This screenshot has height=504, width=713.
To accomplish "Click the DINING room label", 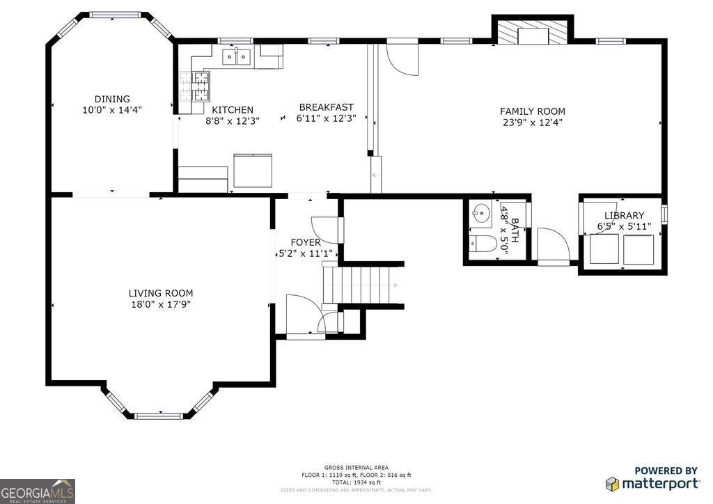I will point(112,99).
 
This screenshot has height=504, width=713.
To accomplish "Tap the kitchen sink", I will point(237,56).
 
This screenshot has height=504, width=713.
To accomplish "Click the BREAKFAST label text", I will point(327,107).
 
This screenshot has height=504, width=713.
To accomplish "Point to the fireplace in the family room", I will point(533,33).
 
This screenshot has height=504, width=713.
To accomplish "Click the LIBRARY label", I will point(624,215).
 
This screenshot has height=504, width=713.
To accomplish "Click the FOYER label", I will point(306,242).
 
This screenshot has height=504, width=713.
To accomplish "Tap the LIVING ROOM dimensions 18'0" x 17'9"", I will point(161,304).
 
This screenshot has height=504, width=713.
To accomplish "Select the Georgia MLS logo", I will point(38,491).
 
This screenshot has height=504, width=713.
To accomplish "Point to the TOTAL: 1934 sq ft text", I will point(356,482).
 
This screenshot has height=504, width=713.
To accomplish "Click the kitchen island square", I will point(253,171).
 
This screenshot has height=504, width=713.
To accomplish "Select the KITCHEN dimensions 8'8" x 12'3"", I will point(233,120).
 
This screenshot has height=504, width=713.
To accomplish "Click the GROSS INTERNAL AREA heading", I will point(356,467).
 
